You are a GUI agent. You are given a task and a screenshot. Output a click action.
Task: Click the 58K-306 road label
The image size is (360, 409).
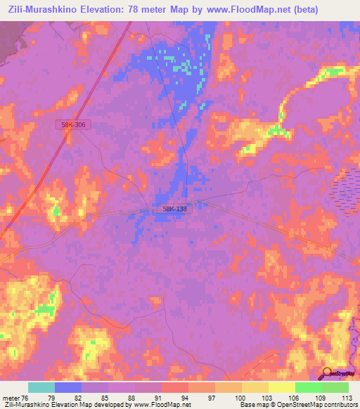(x=74, y=124)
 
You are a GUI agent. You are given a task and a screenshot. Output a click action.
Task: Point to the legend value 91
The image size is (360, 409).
(x=161, y=398)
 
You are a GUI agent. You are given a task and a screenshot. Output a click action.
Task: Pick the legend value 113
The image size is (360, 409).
(x=346, y=398)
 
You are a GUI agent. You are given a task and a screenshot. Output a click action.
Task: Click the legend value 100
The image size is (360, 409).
(x=241, y=398)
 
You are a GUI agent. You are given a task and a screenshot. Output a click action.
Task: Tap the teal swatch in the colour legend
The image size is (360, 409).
(x=41, y=387)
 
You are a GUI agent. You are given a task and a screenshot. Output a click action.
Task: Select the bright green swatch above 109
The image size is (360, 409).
(x=309, y=387)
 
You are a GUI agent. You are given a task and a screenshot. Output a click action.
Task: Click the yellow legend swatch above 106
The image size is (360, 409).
(x=282, y=387)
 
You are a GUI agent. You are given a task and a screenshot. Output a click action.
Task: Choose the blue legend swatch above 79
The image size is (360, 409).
(x=68, y=387)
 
